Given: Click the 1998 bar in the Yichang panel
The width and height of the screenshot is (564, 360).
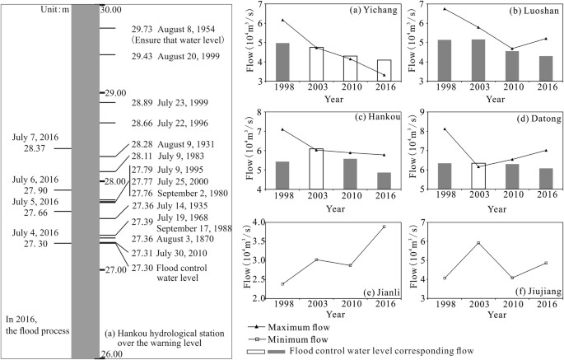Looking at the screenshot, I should coord(282,63).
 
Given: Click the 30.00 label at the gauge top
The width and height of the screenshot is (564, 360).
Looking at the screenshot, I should coord(110,10).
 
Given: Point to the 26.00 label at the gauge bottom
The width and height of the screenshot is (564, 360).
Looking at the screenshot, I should coord(110,354).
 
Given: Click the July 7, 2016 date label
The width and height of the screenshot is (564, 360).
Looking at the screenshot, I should coord(35,138).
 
